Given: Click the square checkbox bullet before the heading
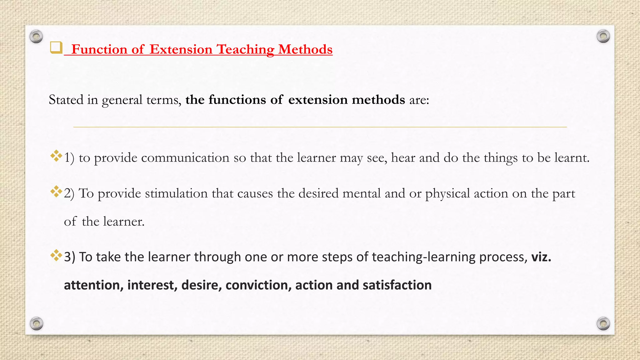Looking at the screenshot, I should (56, 48).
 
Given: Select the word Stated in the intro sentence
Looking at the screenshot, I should (66, 100).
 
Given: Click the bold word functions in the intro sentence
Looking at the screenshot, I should (237, 100).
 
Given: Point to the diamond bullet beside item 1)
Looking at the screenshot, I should (56, 156).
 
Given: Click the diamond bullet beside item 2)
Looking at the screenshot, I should (56, 191).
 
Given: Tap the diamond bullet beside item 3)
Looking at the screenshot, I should (56, 255).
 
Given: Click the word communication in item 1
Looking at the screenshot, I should (185, 158).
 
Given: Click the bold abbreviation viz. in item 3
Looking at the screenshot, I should (541, 257).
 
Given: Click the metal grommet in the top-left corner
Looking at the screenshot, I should (36, 37).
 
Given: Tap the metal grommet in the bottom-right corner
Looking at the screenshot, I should (603, 323).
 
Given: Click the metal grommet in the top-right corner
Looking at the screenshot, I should (603, 37).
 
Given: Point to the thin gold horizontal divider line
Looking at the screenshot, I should (320, 127).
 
